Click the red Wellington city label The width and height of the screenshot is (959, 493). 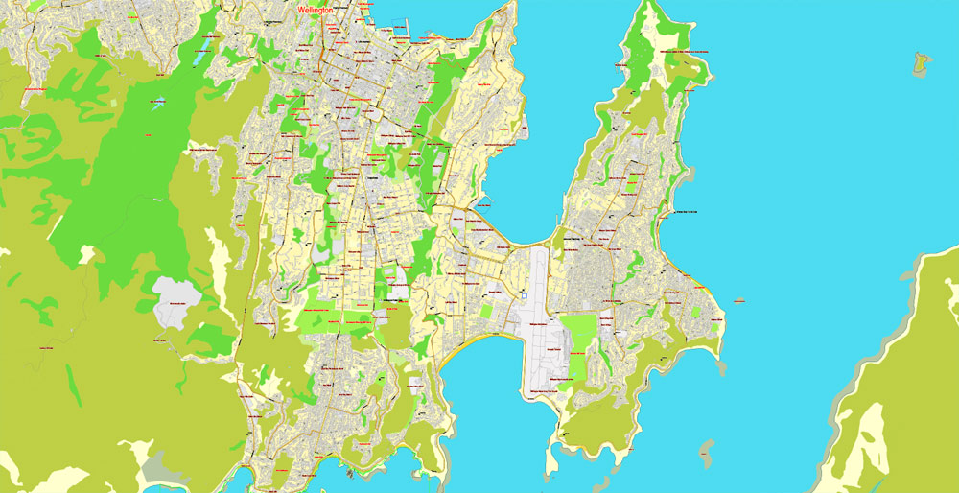(315, 10)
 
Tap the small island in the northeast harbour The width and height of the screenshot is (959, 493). (922, 63)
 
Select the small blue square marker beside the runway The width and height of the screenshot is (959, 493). (525, 295)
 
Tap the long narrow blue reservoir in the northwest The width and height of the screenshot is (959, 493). (199, 58)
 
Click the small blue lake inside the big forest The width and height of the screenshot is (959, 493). (157, 100)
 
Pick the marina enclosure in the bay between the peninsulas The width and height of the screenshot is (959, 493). (482, 204)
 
